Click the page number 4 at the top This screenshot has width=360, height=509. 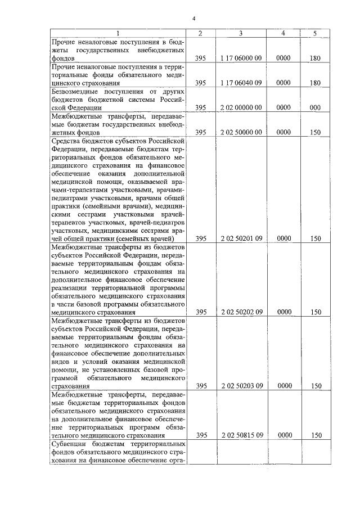click(193, 19)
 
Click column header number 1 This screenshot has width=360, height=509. click(118, 33)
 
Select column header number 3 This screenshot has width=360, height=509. click(241, 33)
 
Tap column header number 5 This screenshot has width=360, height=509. click(315, 33)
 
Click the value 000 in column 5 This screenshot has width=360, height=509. click(315, 107)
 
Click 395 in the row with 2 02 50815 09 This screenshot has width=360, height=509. click(201, 435)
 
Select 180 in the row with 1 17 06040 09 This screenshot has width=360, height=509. click(315, 83)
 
